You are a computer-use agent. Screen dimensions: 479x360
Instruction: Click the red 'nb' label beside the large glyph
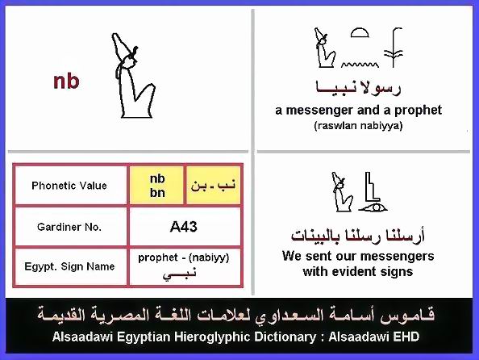click(66, 82)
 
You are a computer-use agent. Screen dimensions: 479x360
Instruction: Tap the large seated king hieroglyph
click(132, 76)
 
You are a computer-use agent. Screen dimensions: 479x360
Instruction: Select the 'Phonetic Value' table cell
click(70, 186)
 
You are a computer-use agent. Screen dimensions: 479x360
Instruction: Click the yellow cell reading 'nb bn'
click(157, 186)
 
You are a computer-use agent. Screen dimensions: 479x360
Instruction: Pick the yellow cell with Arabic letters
click(213, 186)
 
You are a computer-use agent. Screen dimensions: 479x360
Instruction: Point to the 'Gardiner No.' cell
click(70, 227)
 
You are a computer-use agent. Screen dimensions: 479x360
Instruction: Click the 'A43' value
click(184, 227)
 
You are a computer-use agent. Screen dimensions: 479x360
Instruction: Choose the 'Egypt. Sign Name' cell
click(70, 266)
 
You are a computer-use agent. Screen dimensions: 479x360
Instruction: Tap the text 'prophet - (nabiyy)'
click(184, 257)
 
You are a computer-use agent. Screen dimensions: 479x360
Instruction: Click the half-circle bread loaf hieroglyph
click(360, 33)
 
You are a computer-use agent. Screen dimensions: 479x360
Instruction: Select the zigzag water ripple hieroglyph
click(360, 65)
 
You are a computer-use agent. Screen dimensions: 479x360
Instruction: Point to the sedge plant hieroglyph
click(394, 48)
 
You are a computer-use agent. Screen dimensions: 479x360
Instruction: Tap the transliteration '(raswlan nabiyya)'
click(358, 125)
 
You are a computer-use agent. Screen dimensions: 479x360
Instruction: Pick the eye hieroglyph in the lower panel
click(373, 208)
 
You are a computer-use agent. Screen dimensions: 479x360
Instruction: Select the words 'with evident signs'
click(358, 271)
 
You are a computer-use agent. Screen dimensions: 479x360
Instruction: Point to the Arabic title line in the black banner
click(235, 316)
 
